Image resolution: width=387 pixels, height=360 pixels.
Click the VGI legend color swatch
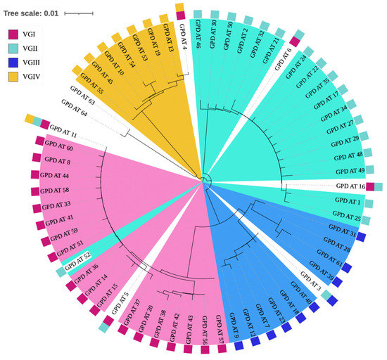13,33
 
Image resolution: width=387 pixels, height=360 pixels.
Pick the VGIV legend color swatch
13,75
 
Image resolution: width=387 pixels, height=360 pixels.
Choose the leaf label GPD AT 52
77,257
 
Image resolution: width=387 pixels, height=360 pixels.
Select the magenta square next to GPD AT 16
370,186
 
